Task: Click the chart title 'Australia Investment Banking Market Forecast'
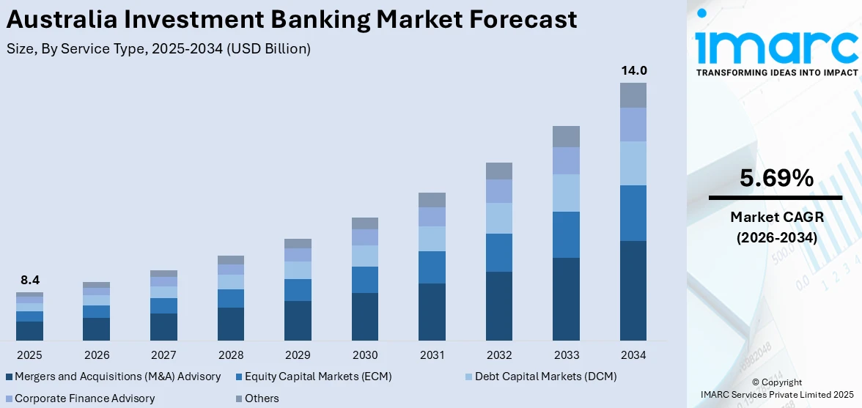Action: [291, 20]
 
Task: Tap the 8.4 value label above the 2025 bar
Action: [30, 280]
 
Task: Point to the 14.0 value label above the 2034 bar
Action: [633, 71]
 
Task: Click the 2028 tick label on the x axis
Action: [231, 355]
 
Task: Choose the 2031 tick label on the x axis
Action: [432, 355]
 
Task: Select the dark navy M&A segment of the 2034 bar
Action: [633, 290]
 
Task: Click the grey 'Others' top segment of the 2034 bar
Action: [633, 95]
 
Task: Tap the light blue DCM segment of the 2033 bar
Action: [566, 193]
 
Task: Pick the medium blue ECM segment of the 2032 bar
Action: [499, 253]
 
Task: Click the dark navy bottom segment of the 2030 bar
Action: [365, 316]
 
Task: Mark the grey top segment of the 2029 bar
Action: [298, 243]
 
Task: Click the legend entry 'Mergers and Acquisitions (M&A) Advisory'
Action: [117, 377]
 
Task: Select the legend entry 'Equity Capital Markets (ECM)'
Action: [317, 377]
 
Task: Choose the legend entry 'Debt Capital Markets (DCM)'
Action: [545, 377]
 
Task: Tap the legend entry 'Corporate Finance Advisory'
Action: [84, 398]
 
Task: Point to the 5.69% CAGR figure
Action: [776, 178]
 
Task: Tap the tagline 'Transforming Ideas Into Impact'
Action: [776, 73]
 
